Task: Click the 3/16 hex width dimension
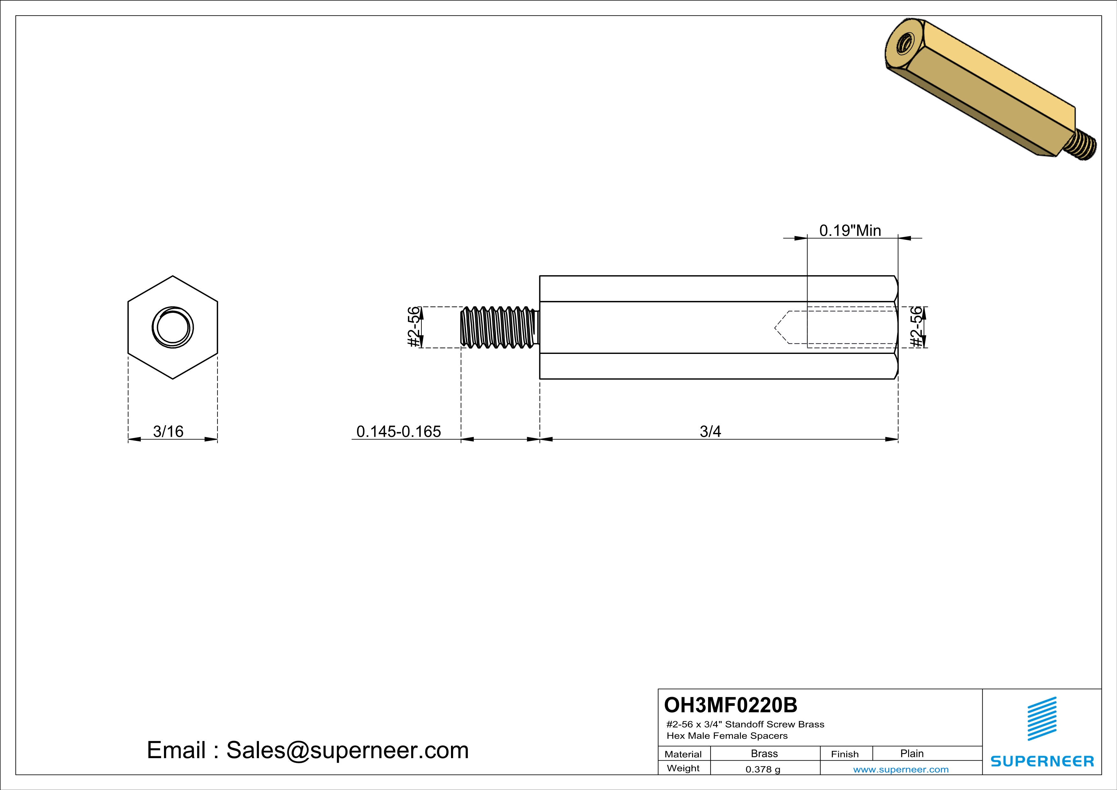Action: coord(168,432)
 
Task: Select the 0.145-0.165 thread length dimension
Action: coord(398,432)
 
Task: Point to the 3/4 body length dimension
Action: coord(710,432)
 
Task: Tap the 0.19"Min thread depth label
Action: coord(850,231)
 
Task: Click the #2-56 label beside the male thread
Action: coord(413,327)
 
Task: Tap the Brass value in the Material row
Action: coord(764,753)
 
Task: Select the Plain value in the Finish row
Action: coord(912,753)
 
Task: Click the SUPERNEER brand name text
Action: coord(1042,761)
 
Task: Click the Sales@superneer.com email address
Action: coord(347,750)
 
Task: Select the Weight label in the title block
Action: coord(683,768)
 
